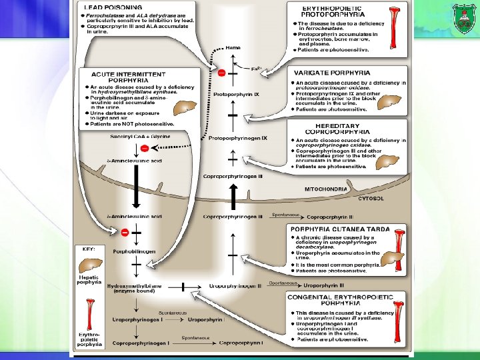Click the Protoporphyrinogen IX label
[x=237, y=138]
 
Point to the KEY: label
[x=89, y=248]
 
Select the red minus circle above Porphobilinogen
[x=124, y=232]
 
